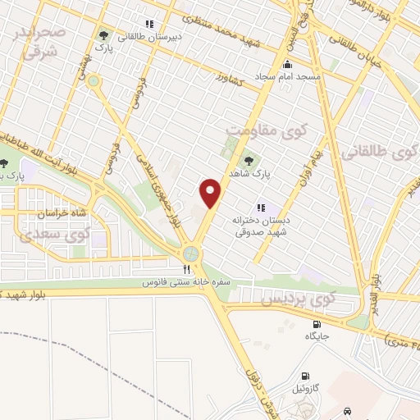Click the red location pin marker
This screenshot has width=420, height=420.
tap(211, 194)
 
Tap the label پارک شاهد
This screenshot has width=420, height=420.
tap(272, 174)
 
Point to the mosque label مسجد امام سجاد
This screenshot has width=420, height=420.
tap(285, 76)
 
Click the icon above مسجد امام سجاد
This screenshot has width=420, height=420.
tap(286, 64)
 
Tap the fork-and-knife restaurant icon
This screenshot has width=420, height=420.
tap(187, 268)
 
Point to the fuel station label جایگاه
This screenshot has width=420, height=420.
tap(317, 336)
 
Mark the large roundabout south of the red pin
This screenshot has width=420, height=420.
tap(192, 253)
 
